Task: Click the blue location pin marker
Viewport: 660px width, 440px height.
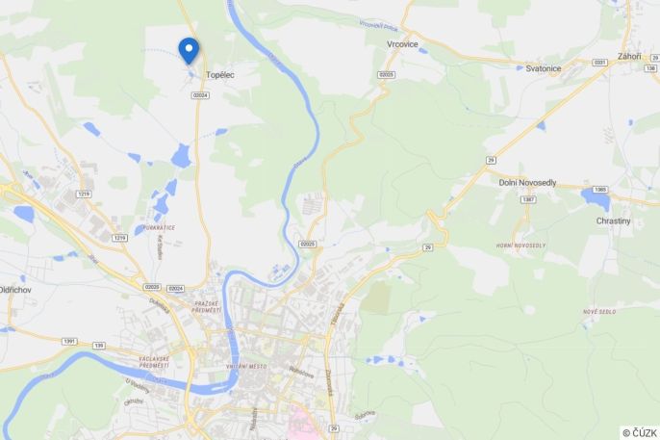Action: coord(189,49)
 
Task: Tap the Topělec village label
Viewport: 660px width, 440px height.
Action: coord(220,75)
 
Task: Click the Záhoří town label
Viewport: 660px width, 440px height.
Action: coord(629,57)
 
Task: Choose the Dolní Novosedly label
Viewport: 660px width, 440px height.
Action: coord(527,182)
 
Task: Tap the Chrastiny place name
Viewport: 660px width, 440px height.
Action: coord(613,220)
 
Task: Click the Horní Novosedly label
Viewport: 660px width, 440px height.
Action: coord(520,246)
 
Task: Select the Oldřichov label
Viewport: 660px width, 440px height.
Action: coord(17,289)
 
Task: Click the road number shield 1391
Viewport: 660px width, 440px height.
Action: coord(70,342)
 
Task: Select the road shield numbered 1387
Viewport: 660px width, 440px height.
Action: coord(527,199)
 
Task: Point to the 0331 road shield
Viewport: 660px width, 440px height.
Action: coord(600,63)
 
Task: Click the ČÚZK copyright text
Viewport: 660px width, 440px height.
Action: coord(639,432)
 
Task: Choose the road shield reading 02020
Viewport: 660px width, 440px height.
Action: coord(152,287)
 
